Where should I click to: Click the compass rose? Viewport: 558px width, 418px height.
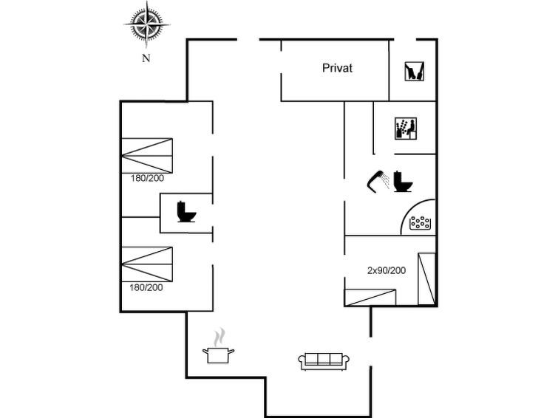click(146, 24)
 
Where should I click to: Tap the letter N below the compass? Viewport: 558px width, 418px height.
click(146, 58)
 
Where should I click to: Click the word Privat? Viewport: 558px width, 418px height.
click(337, 68)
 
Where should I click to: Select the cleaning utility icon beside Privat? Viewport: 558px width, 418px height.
click(415, 71)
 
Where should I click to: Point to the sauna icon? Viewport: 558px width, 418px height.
click(405, 129)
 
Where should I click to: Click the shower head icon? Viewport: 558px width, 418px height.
click(378, 181)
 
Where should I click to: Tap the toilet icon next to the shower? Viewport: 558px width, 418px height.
click(403, 182)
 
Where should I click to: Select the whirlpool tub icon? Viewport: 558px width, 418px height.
click(420, 223)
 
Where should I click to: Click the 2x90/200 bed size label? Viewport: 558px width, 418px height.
click(387, 270)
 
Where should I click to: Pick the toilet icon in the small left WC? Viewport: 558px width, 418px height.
click(186, 212)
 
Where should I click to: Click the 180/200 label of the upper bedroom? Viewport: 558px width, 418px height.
click(147, 178)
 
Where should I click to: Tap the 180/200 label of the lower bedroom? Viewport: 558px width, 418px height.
click(146, 287)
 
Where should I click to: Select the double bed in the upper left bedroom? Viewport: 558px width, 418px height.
click(147, 156)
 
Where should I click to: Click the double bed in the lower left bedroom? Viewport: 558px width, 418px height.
click(147, 264)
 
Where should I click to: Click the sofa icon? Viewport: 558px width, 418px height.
click(324, 361)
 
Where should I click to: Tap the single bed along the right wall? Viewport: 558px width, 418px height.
click(426, 279)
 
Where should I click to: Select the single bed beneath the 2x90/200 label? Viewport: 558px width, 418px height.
click(370, 298)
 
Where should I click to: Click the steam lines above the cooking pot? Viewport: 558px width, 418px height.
click(220, 338)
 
